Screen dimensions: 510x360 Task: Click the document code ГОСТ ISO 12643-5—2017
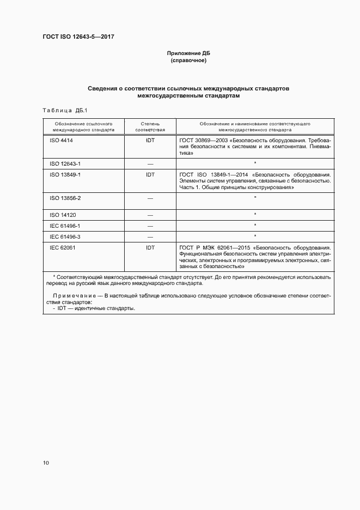pyautogui.click(x=78, y=37)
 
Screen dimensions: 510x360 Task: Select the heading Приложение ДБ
pyautogui.click(x=188, y=53)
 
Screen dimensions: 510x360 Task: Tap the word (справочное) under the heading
pyautogui.click(x=188, y=60)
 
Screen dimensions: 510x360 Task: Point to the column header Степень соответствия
pyautogui.click(x=150, y=127)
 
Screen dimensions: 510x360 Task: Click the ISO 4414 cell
pyautogui.click(x=61, y=140)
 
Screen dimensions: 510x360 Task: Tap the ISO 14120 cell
pyautogui.click(x=62, y=215)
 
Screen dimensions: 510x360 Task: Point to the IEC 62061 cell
pyautogui.click(x=62, y=248)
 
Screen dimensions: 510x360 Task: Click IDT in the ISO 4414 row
pyautogui.click(x=150, y=140)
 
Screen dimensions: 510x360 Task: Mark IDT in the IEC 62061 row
pyautogui.click(x=150, y=248)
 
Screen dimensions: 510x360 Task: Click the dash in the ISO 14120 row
pyautogui.click(x=150, y=215)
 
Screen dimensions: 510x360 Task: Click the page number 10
pyautogui.click(x=46, y=463)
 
